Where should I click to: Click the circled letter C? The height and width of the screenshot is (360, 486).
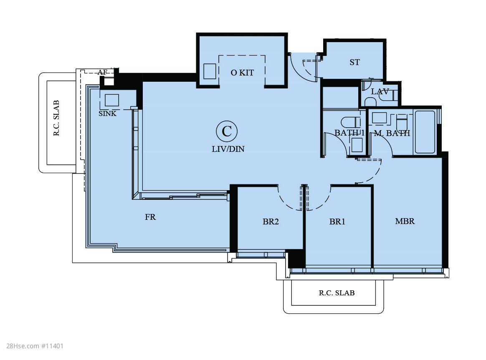tap(227, 131)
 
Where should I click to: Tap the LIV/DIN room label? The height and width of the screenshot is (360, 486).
tap(228, 149)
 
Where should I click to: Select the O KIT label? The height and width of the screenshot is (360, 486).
tap(243, 73)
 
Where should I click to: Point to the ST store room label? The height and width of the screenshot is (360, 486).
tap(354, 62)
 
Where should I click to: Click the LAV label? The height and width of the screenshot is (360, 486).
tap(380, 92)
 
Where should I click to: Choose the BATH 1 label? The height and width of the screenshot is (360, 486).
tap(349, 133)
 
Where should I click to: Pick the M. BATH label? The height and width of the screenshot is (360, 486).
tap(392, 133)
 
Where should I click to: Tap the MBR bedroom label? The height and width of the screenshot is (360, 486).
tap(405, 221)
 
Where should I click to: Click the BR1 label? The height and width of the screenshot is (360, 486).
tap(337, 222)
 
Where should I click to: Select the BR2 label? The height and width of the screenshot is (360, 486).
tap(271, 222)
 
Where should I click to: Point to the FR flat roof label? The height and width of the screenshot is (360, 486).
tap(150, 217)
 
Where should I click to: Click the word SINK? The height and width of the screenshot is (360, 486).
tap(107, 113)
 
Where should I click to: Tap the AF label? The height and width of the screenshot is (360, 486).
tap(102, 73)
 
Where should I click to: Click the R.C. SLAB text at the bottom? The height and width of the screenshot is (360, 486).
tap(337, 293)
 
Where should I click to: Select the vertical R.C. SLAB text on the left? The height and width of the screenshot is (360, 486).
tap(56, 118)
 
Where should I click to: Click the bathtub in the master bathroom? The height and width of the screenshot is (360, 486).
tap(425, 132)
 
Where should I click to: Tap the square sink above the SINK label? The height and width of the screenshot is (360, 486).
tap(111, 101)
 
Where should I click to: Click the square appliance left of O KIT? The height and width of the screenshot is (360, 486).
tap(210, 71)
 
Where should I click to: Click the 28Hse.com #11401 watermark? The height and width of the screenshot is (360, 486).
tap(35, 346)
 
